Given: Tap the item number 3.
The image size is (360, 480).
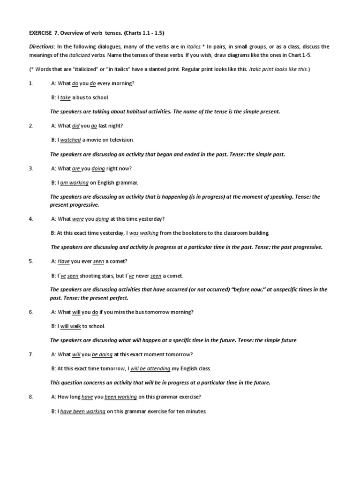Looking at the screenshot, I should coord(31,168).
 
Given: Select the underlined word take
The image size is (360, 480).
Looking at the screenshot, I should coord(65,97).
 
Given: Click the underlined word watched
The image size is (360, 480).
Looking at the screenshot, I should coord(71,140).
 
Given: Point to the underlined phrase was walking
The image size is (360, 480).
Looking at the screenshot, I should coord(144,233).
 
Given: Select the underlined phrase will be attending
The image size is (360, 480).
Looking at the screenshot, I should coord(150,369).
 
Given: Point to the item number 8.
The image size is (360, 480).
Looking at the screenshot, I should coord(31,397).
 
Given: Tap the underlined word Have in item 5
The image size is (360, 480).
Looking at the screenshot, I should coord(63,261).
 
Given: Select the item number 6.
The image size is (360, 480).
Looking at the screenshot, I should coord(31,312).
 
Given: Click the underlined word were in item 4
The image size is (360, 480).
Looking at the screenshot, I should coord(77,219).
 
